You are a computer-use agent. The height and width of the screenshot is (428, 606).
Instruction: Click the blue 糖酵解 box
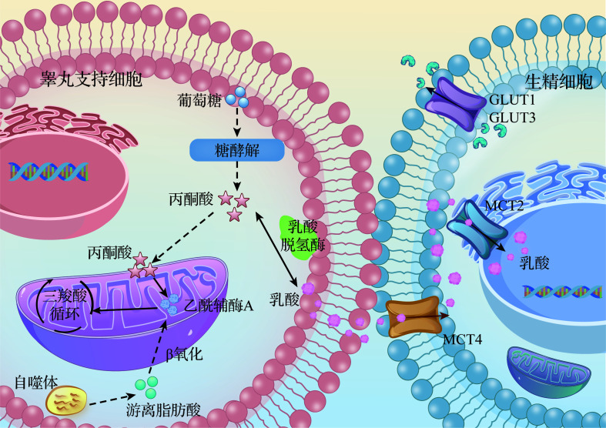pos(232,147)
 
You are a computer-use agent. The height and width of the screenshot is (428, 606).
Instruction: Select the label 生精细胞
pos(553,82)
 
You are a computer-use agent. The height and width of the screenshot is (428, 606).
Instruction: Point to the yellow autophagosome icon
pos(67,401)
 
